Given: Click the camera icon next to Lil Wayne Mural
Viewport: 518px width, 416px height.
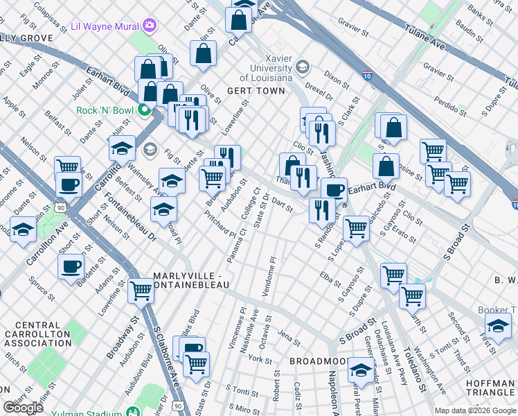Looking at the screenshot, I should point(149,26).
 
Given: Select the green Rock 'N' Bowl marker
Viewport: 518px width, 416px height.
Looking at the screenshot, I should point(145,110).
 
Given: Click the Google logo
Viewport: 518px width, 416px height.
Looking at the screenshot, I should point(23,408).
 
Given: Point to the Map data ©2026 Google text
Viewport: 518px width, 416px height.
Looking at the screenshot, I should point(474,410).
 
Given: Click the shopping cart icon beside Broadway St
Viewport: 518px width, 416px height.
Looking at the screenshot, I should point(141,291).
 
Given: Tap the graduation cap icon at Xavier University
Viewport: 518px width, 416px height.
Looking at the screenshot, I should point(302,67).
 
